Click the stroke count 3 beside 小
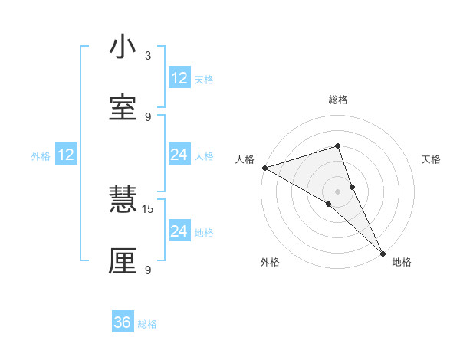pos(148,56)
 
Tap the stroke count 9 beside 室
pos(148,116)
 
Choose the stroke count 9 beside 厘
pos(148,270)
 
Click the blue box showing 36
pos(123,322)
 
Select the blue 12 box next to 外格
pos(66,155)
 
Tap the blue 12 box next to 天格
pos(179,77)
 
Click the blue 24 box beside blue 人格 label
pos(179,155)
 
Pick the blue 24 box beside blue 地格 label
pos(179,231)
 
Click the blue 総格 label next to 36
pos(147,324)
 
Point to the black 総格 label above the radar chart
pos(338,100)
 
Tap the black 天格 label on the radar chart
pos(432,159)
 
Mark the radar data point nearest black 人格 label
pos(264,168)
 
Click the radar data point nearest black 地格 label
pos(383,252)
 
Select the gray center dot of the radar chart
pos(338,191)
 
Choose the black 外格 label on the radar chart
pos(270,262)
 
